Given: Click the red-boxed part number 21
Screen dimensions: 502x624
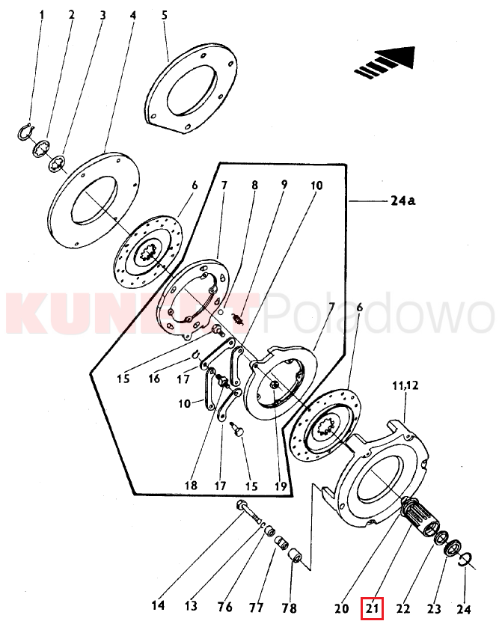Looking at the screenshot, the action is pyautogui.click(x=372, y=608).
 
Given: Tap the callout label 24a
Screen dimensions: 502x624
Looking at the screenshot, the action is pyautogui.click(x=403, y=201).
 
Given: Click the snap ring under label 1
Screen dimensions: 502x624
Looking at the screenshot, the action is pyautogui.click(x=26, y=131).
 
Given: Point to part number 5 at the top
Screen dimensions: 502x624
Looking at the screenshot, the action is pyautogui.click(x=165, y=15).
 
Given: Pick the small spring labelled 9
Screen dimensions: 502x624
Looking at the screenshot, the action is pyautogui.click(x=239, y=319).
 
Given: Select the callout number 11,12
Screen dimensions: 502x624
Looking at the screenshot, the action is pyautogui.click(x=405, y=385).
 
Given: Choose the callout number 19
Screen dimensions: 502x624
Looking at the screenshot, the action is pyautogui.click(x=281, y=486).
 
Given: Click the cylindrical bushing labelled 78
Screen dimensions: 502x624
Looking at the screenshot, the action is pyautogui.click(x=296, y=556).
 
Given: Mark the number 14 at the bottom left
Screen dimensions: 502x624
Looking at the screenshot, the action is pyautogui.click(x=158, y=606).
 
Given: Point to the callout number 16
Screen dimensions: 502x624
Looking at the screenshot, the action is pyautogui.click(x=154, y=378).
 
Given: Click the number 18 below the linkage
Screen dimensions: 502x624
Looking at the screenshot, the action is pyautogui.click(x=191, y=485).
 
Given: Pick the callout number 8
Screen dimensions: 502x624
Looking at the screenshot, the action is pyautogui.click(x=254, y=186).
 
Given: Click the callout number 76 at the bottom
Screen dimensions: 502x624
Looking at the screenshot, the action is pyautogui.click(x=224, y=607).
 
